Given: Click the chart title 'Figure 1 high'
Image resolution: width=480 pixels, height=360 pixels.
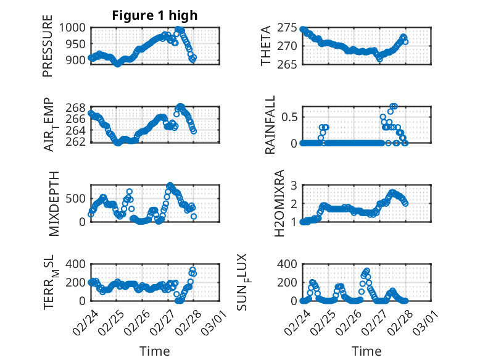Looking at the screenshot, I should pos(155,16).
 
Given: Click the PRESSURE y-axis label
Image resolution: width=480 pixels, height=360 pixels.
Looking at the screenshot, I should pos(48,51).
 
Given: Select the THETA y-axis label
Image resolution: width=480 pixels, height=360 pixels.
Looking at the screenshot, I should pos(266,46).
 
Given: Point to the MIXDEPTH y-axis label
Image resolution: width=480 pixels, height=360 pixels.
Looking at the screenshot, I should pos(54,203).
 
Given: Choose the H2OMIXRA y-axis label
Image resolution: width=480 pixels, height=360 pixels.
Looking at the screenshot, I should pos(279,203).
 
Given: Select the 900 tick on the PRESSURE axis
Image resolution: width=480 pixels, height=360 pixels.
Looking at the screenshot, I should pos(79,61).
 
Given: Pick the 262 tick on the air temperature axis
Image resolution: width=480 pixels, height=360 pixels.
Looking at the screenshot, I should pos(79,142).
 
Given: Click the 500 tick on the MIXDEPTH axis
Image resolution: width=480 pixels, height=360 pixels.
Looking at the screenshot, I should pos(79,198).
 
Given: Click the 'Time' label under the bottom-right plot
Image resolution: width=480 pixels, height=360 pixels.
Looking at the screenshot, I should pos(366,351).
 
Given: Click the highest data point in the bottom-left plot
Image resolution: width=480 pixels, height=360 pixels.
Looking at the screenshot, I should pos(192,270).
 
